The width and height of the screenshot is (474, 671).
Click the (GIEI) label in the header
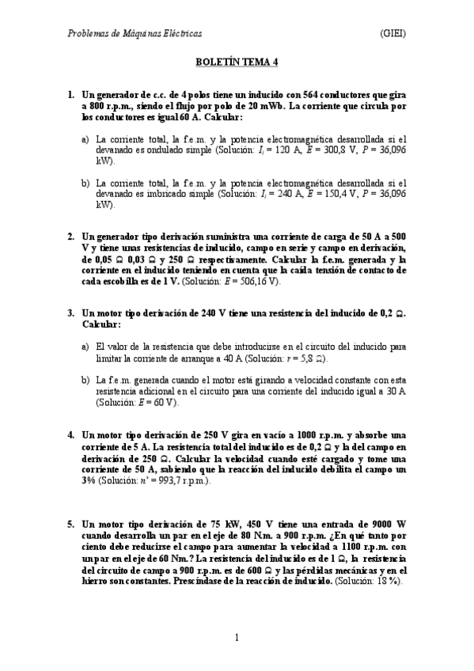[393, 33]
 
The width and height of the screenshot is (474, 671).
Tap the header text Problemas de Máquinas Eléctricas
[135, 33]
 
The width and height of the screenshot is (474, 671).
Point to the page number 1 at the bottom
[237, 637]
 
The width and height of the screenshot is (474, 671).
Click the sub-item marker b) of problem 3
[85, 380]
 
